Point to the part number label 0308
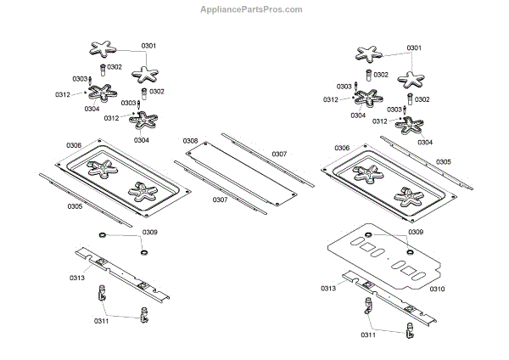pos(190,140)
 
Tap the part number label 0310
pos(437,289)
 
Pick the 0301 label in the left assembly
pos(148,45)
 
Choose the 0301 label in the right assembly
pos(415,48)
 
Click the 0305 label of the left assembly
pos(75,205)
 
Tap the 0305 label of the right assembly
pos(444,161)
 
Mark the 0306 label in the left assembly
pos(75,145)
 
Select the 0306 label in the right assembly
pos(341,148)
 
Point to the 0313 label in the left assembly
pos(77,277)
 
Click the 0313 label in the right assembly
pos(329,290)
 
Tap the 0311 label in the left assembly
pos(102,323)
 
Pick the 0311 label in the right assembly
pos(367,335)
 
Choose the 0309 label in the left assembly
pos(150,232)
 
